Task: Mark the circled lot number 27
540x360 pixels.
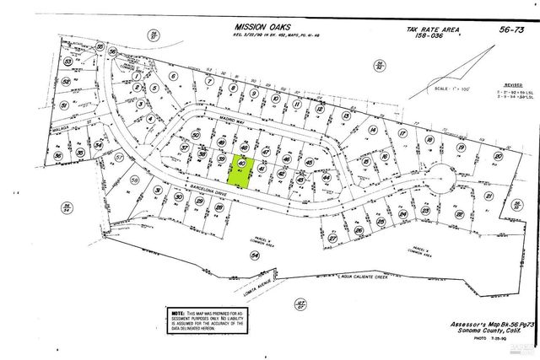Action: pyautogui.click(x=332, y=239)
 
